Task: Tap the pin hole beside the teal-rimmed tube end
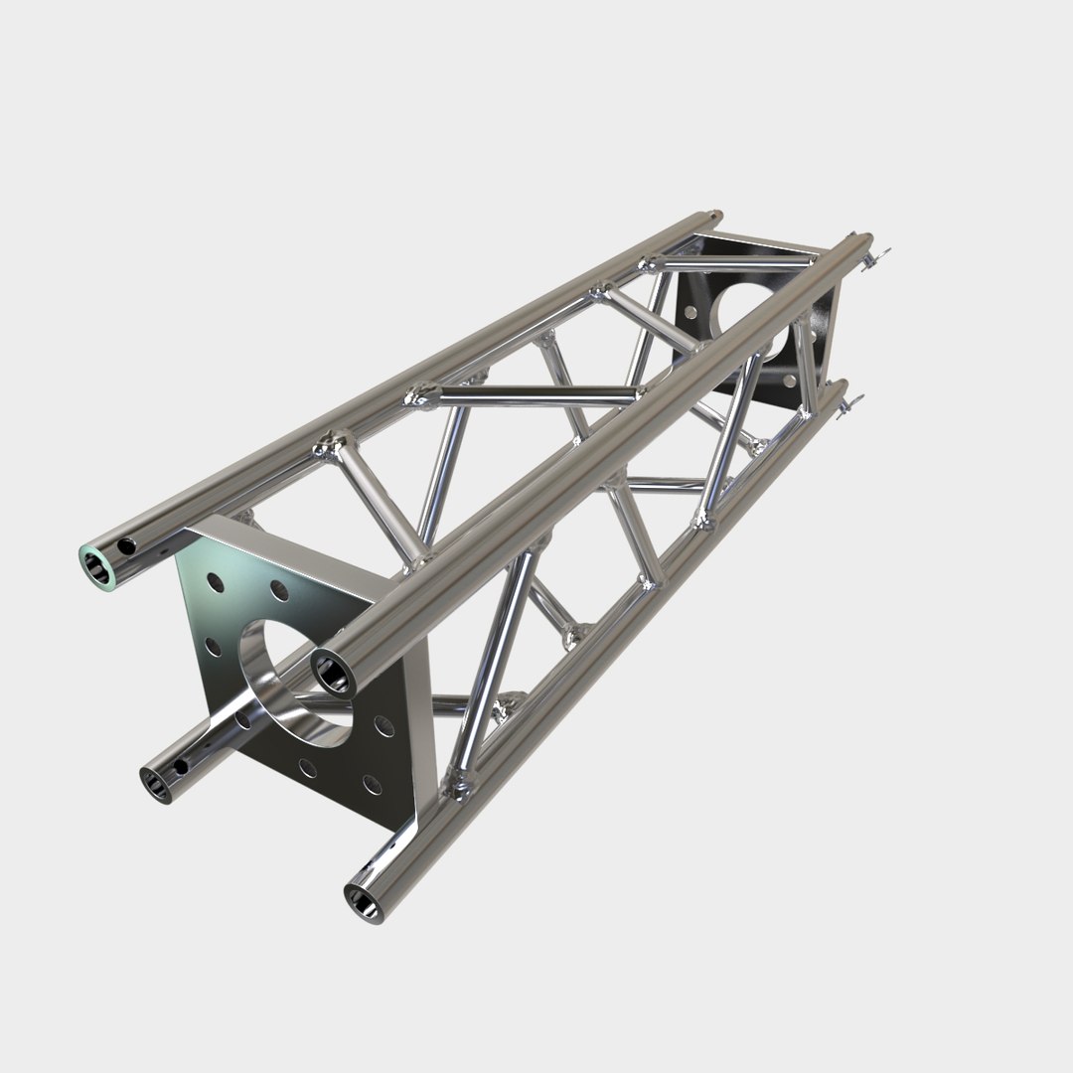coord(126,545)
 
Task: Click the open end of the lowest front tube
coord(363,900)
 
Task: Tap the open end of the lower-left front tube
coord(157,783)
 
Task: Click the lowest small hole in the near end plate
coord(372,785)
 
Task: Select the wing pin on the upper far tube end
coord(875,259)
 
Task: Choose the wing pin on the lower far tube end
coord(847,405)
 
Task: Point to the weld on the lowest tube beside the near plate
coord(461,790)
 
